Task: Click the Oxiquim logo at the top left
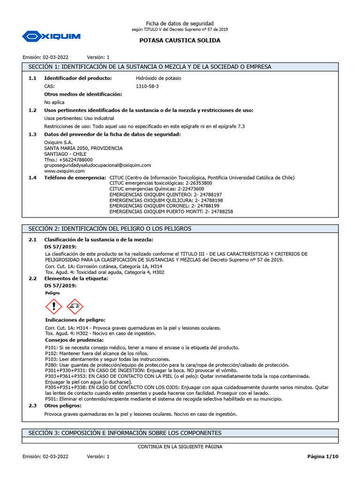pyautogui.click(x=52, y=36)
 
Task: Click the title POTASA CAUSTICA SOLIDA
pyautogui.click(x=180, y=40)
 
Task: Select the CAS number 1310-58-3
pyautogui.click(x=147, y=86)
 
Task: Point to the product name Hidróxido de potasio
pyautogui.click(x=158, y=78)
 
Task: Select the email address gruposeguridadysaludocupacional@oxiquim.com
pyautogui.click(x=97, y=165)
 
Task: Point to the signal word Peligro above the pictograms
pyautogui.click(x=52, y=292)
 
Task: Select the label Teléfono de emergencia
pyautogui.click(x=75, y=178)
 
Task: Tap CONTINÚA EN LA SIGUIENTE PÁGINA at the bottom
pyautogui.click(x=180, y=447)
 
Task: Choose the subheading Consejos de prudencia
pyautogui.click(x=74, y=339)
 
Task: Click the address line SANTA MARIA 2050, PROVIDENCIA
pyautogui.click(x=83, y=148)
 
